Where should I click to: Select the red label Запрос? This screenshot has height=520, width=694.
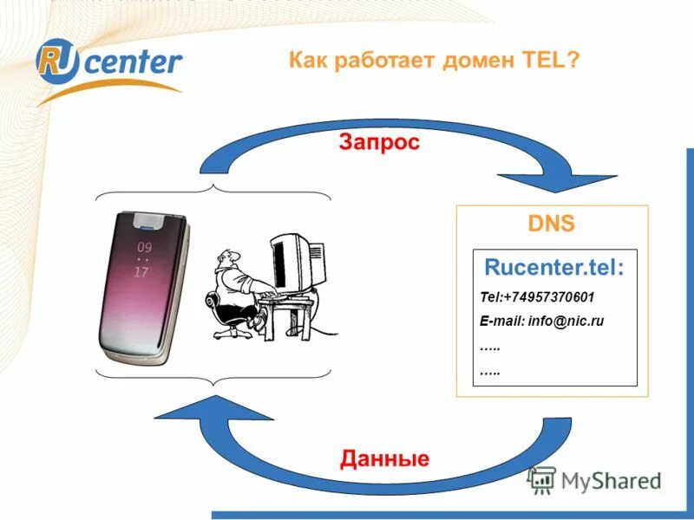(379, 142)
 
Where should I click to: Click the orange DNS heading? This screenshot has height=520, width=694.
(552, 224)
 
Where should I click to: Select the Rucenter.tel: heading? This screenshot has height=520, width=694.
(553, 267)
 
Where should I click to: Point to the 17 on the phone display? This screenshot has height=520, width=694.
(141, 271)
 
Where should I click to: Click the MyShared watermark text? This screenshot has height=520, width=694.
(611, 480)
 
